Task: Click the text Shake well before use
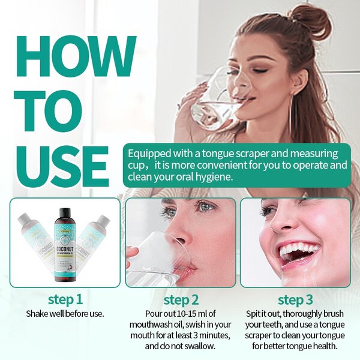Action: pos(65,313)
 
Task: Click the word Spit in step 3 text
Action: pos(256,314)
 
